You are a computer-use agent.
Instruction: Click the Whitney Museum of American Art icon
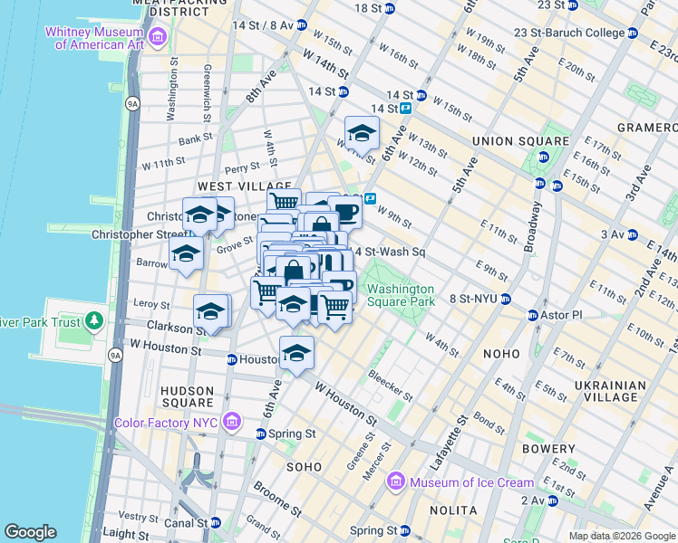pos(159,36)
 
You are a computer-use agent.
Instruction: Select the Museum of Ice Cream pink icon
pos(395,481)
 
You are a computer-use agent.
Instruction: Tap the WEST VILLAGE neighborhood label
pos(232,186)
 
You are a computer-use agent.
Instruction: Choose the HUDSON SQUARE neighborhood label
pos(187,390)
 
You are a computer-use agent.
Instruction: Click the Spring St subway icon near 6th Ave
pos(261,434)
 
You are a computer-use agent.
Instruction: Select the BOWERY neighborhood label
pos(549,449)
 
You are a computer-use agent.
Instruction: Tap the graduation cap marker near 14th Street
pos(362,134)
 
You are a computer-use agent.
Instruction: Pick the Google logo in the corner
pos(30,532)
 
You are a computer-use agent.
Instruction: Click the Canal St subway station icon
pos(216,522)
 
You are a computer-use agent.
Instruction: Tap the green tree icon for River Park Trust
pos(93,322)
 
